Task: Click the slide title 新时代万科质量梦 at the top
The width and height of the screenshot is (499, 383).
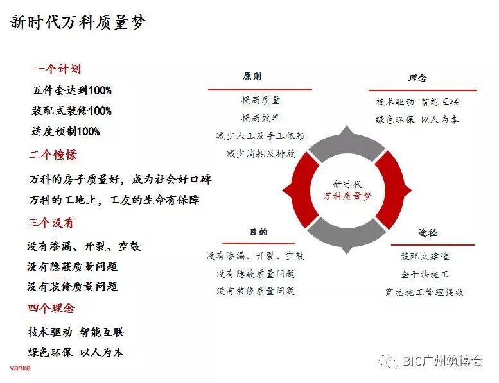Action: click(x=78, y=23)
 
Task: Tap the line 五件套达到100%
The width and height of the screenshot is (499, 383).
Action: click(x=71, y=90)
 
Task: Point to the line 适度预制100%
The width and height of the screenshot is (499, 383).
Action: click(x=66, y=132)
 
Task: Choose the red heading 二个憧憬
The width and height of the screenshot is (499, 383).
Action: click(x=53, y=155)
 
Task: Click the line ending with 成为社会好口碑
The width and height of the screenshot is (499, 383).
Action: click(x=119, y=180)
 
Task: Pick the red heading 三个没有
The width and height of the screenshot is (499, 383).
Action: click(x=51, y=223)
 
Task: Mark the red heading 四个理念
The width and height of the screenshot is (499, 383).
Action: click(x=51, y=309)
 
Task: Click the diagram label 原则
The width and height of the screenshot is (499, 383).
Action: click(x=252, y=76)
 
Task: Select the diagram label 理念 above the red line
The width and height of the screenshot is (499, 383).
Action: click(x=417, y=78)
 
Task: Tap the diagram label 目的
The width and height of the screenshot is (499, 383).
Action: click(x=258, y=232)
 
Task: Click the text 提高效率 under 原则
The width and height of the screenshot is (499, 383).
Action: click(x=260, y=118)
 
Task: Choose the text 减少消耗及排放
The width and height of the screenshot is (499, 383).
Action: click(x=260, y=154)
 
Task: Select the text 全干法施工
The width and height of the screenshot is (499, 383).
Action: click(x=425, y=274)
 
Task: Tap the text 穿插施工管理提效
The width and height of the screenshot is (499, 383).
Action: click(x=425, y=292)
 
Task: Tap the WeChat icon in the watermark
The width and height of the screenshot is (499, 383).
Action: click(x=389, y=361)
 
